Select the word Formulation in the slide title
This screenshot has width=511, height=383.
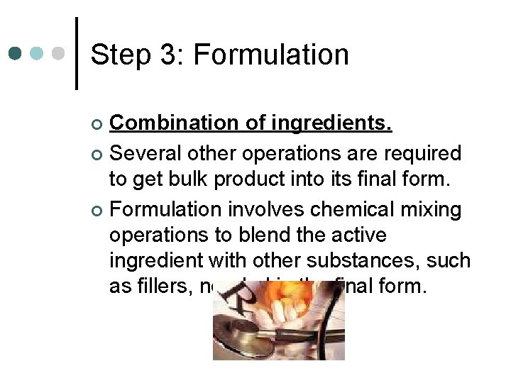(x=270, y=55)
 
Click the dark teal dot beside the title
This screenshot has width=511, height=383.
(x=16, y=54)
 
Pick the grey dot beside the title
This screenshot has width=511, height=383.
(x=60, y=54)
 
